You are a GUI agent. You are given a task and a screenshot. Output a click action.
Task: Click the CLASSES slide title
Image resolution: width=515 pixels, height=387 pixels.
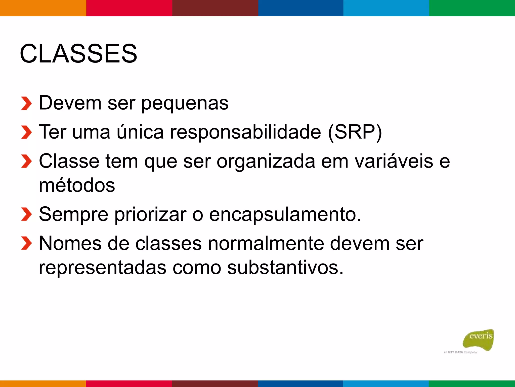point(78,54)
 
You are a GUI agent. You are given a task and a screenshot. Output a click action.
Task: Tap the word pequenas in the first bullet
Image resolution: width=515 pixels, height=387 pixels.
point(185,103)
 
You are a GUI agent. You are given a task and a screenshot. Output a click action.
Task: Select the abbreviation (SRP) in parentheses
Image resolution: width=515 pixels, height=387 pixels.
point(355,132)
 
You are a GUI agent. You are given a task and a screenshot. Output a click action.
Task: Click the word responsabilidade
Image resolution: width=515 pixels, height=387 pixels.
point(245,132)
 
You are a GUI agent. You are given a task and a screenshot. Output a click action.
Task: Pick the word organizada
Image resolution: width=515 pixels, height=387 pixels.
point(266,161)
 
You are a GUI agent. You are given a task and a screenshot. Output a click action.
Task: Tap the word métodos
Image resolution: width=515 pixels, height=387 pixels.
point(77,185)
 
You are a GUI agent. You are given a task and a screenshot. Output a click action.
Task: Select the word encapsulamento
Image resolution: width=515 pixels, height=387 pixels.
point(285,214)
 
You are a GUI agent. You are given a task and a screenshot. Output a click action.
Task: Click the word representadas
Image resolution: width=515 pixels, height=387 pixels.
point(102,268)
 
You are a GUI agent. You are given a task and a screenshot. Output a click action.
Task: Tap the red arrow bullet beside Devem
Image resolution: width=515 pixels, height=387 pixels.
point(26,103)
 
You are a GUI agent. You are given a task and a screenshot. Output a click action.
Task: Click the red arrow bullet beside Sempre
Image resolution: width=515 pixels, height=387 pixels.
point(26,214)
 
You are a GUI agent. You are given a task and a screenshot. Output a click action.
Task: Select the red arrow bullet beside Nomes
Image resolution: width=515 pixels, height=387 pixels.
point(26,243)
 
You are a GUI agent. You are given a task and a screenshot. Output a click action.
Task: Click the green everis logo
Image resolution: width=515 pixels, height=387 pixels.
point(479,339)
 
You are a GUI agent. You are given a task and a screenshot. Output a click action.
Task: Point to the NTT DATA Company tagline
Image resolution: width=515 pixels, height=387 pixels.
point(460,352)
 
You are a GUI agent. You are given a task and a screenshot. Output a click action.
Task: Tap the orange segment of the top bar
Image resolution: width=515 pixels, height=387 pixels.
point(43,8)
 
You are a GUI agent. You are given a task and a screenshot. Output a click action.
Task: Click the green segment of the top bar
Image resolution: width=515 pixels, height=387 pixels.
point(472,8)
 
